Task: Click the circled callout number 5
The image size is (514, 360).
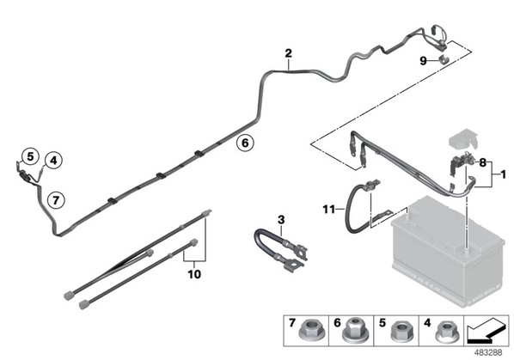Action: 30,156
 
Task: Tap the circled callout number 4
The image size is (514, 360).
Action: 53,161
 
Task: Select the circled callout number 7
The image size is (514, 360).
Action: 56,200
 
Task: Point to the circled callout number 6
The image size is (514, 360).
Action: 245,143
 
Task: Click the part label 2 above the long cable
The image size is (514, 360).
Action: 289,53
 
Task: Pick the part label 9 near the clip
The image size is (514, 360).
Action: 424,61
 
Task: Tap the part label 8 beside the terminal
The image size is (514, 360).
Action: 482,162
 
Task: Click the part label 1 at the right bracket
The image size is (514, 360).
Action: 504,174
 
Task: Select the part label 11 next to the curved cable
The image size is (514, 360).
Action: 329,209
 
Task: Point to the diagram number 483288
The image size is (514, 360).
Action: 488,352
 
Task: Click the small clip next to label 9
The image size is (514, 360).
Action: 444,59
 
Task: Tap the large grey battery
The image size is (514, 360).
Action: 448,251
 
